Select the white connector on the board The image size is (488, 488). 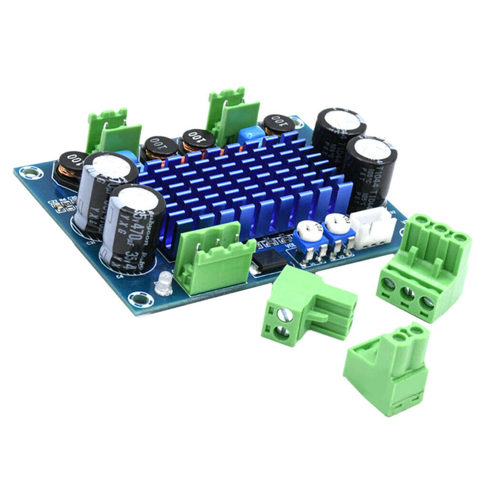pos(373,225)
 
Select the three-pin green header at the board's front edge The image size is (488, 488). pos(214,257)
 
